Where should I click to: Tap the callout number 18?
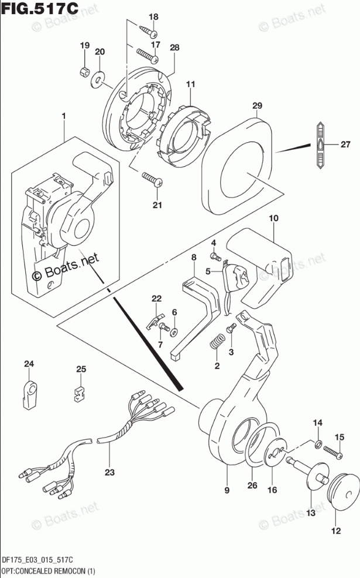click(153, 16)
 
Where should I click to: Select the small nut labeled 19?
click(84, 70)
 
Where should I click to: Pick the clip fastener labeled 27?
click(321, 144)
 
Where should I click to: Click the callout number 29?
click(257, 105)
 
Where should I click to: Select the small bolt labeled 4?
click(215, 255)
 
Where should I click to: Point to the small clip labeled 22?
click(155, 321)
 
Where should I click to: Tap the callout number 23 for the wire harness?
click(109, 472)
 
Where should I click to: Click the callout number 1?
click(64, 116)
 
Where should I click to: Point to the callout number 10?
click(273, 218)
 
